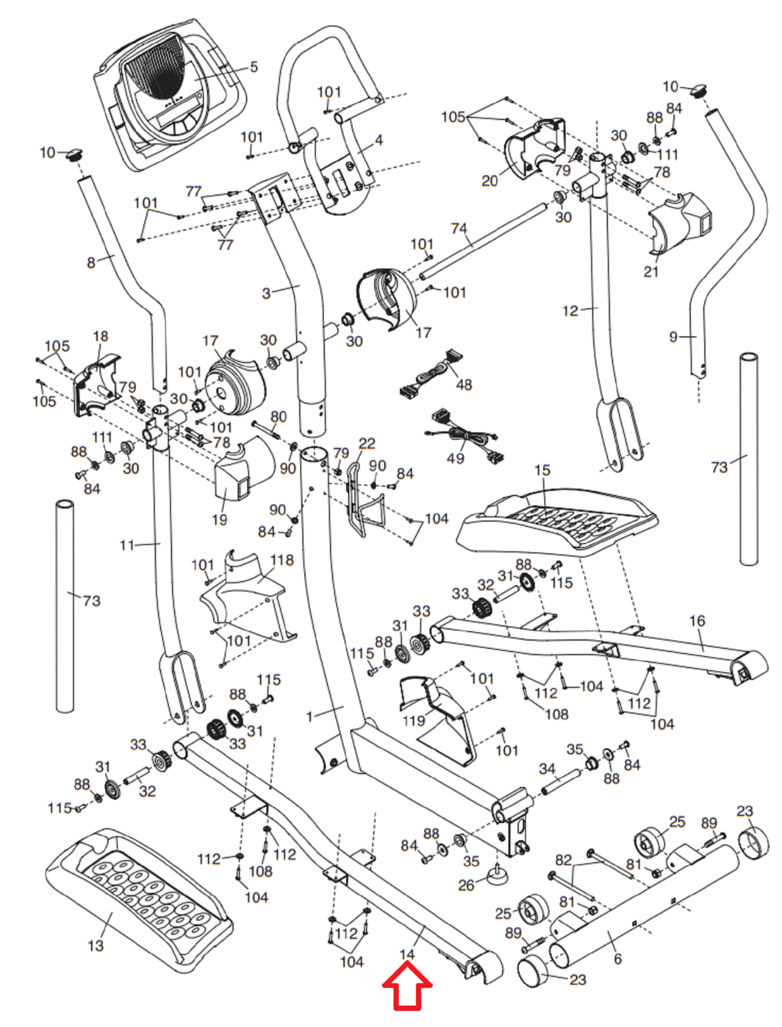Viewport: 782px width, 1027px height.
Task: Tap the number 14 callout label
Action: point(407,954)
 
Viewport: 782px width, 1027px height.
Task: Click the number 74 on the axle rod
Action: point(458,229)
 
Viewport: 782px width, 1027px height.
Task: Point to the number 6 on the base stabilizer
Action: point(618,958)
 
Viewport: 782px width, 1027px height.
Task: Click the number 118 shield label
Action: point(281,560)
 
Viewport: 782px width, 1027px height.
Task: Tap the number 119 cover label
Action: point(413,720)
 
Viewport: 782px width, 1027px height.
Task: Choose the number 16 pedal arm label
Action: point(697,621)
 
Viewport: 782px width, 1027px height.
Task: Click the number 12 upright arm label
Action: point(570,311)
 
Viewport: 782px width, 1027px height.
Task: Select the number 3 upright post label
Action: point(266,293)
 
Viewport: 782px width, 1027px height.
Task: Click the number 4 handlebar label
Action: point(379,139)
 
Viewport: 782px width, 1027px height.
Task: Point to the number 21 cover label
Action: point(651,272)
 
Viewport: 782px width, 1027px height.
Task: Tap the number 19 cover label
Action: point(220,519)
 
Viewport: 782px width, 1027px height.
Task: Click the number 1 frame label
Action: point(310,716)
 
